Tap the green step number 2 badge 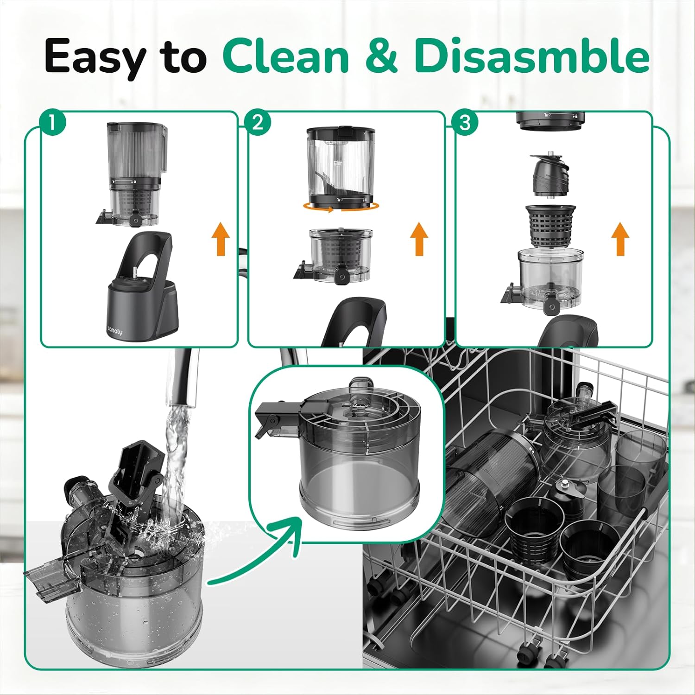258,123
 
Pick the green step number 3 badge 465,123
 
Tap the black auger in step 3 550,175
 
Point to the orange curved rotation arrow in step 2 341,208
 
